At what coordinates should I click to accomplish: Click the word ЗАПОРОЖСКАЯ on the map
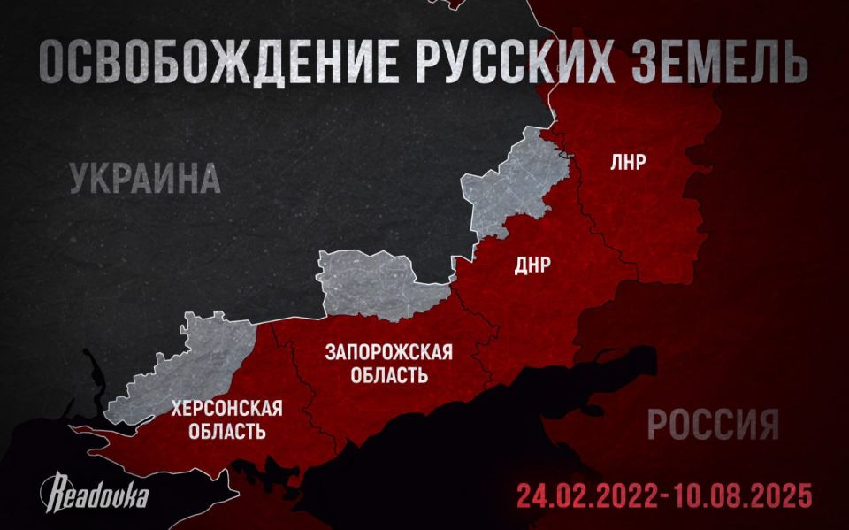click(x=389, y=352)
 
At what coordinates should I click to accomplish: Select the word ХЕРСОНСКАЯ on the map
click(x=228, y=409)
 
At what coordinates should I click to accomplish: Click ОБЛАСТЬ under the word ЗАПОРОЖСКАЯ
click(x=389, y=375)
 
